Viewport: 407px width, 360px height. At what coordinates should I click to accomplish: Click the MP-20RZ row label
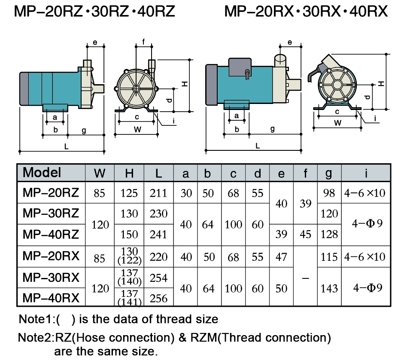click(51, 193)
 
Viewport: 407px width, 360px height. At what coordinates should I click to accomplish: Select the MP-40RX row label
click(51, 298)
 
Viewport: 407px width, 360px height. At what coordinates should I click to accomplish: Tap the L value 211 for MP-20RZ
click(158, 193)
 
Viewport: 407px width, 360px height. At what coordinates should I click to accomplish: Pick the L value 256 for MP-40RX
click(158, 298)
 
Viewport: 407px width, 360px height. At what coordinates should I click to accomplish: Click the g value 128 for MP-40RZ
click(329, 235)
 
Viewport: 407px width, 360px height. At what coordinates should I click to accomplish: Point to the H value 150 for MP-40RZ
click(129, 235)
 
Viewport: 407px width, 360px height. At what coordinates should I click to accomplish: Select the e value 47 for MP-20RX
click(281, 257)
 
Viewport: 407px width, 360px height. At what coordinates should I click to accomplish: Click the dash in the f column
click(305, 278)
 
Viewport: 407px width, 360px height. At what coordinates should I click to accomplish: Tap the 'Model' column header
click(42, 173)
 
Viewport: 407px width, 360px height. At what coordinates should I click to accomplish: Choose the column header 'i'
click(365, 173)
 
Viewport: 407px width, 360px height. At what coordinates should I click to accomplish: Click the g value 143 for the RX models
click(329, 288)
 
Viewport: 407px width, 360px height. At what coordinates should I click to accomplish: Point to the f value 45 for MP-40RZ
click(305, 235)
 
